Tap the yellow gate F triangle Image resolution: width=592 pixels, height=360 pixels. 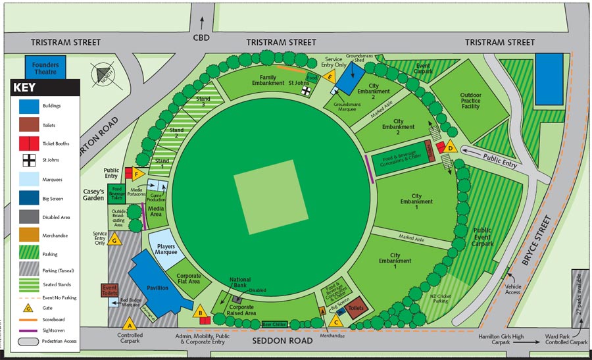click(137, 174)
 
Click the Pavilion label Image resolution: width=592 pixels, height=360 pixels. click(157, 288)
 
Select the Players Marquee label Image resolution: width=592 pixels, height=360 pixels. click(166, 249)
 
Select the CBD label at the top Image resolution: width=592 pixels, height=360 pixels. click(201, 38)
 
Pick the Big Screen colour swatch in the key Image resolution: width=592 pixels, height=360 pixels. click(28, 197)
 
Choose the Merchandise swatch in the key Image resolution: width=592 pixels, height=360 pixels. click(28, 235)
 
